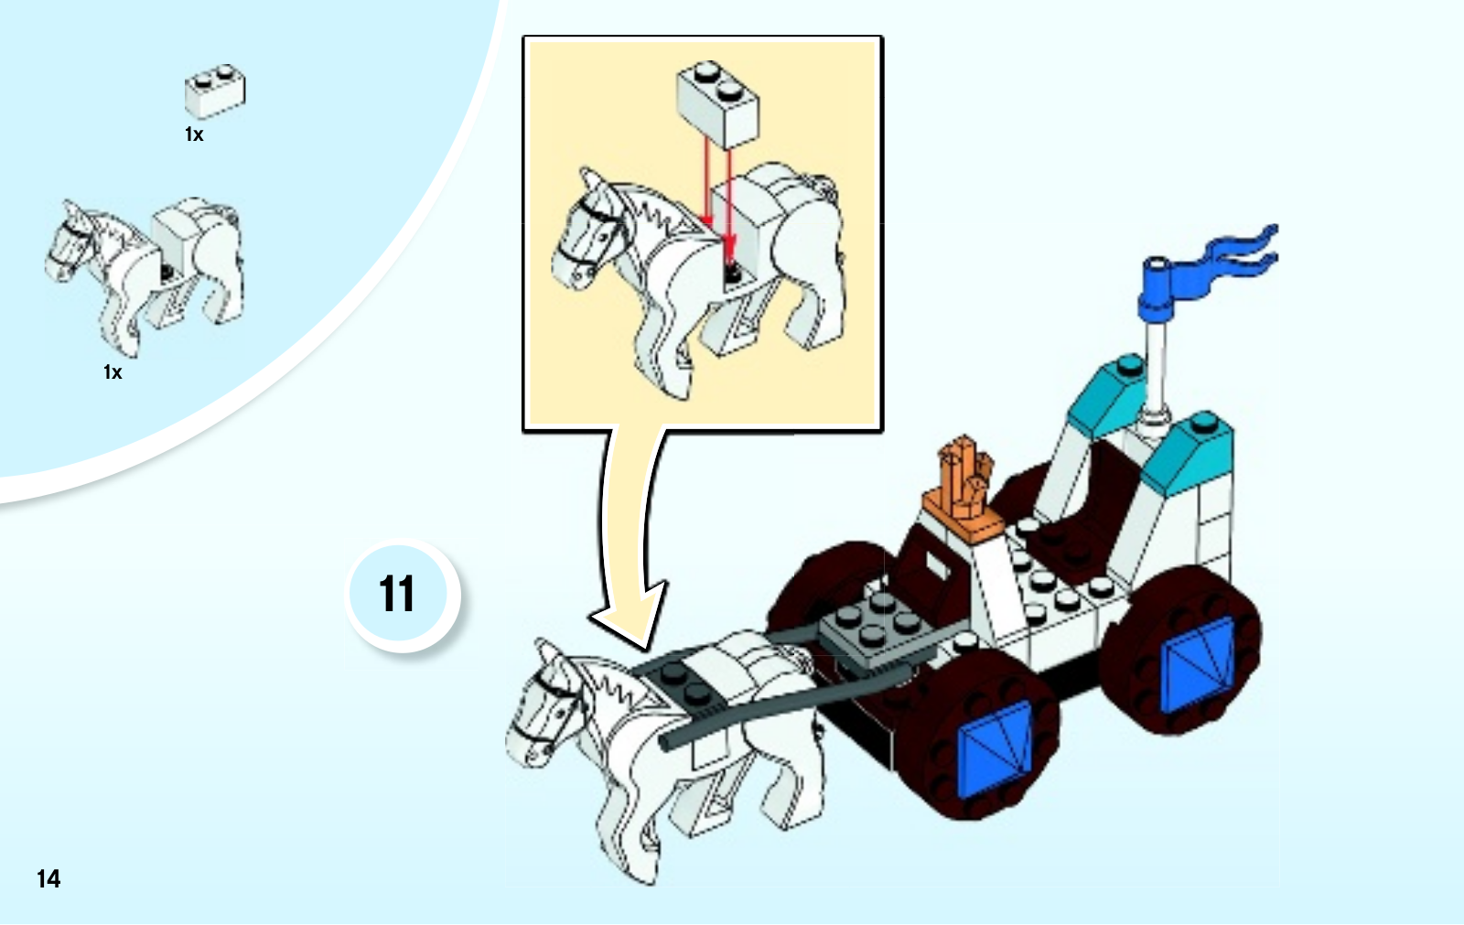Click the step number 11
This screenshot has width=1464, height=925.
pos(397,594)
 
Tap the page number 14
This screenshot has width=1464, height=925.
pos(48,878)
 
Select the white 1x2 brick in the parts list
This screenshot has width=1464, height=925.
pos(215,91)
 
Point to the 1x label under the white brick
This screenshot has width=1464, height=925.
pos(194,134)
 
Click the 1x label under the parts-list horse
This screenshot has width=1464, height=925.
pos(113,372)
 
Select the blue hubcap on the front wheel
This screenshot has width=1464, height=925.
pos(995,749)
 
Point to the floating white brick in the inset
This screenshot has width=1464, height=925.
pos(718,104)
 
